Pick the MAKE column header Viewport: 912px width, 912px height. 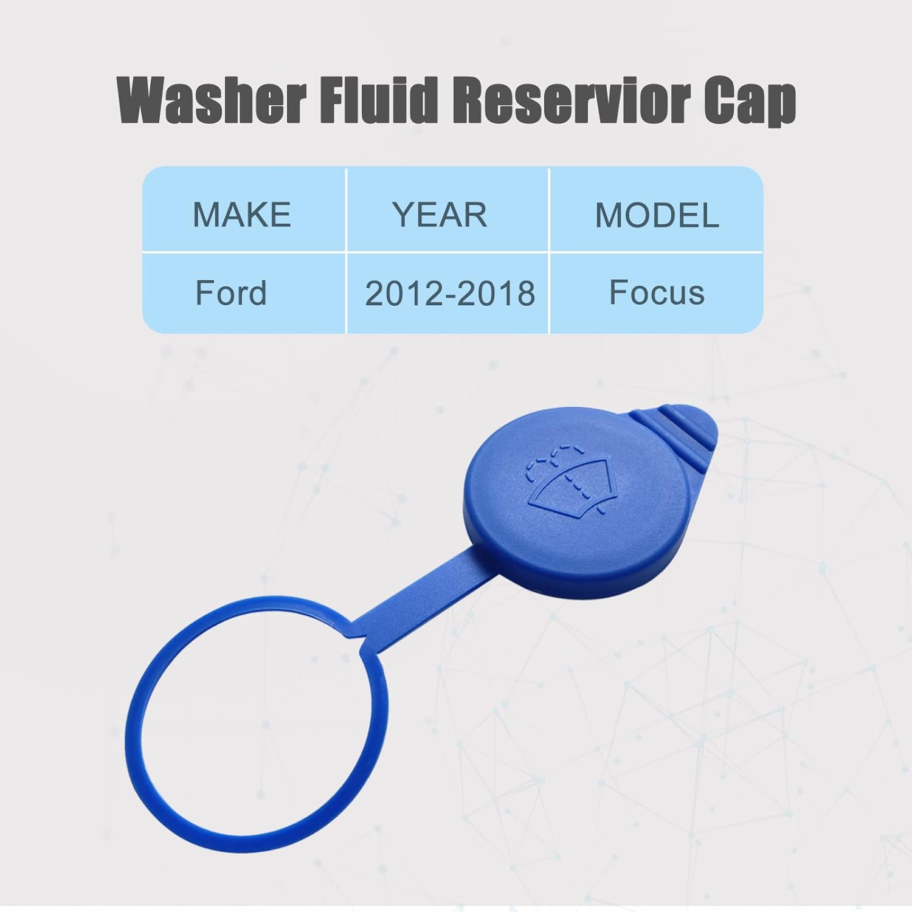click(242, 215)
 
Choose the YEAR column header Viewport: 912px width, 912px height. click(440, 215)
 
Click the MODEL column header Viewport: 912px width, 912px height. click(657, 215)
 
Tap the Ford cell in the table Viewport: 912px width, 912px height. click(231, 293)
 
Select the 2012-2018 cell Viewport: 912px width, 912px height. click(450, 294)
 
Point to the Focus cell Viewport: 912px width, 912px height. click(657, 292)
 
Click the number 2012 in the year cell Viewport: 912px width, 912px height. click(401, 294)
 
